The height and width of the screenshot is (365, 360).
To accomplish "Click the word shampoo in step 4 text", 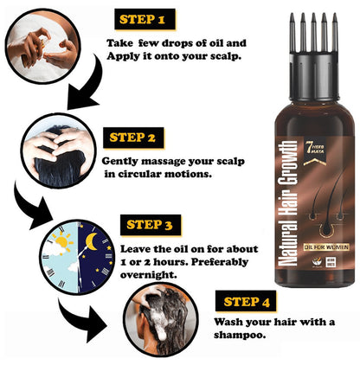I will (238, 339).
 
